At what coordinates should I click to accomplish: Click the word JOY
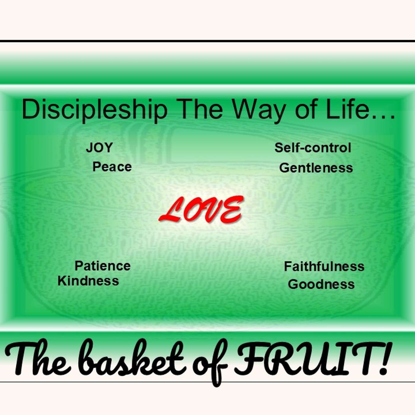click(99, 148)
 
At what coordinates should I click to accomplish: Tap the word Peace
click(112, 167)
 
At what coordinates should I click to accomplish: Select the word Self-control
click(313, 148)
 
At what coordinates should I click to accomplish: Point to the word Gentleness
click(316, 168)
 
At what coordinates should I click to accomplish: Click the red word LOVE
click(201, 210)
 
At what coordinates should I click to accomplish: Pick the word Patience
click(103, 266)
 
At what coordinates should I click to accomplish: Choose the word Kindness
click(88, 281)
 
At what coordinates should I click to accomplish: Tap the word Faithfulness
click(324, 266)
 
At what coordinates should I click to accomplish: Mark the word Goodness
click(321, 284)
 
